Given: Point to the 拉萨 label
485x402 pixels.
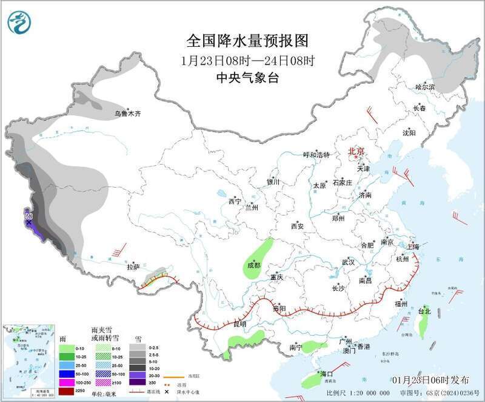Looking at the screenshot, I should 133,267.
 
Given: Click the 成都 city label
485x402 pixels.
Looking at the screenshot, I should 253,265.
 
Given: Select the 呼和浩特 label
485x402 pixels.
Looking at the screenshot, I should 316,155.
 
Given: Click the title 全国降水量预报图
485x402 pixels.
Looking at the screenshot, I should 247,41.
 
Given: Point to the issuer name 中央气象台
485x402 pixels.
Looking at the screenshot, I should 247,78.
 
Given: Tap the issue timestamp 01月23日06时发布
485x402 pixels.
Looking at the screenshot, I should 430,380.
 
